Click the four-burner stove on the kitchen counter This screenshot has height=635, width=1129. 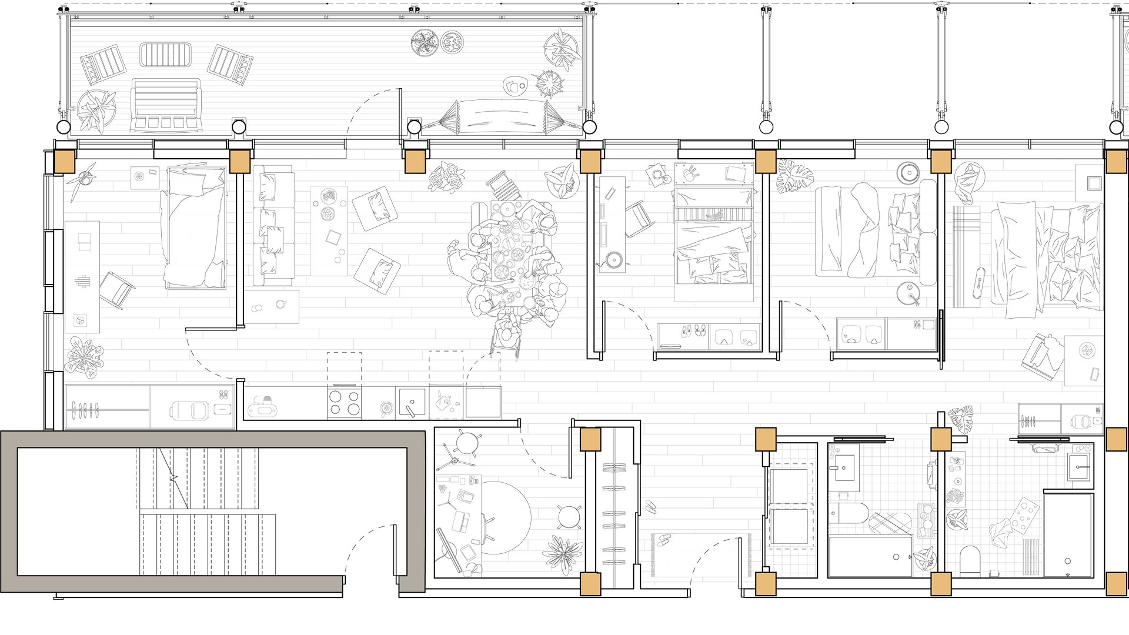click(x=345, y=403)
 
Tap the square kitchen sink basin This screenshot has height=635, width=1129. click(x=412, y=402)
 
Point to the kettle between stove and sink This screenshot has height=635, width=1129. click(x=386, y=407)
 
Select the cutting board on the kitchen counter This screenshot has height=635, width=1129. click(x=446, y=403)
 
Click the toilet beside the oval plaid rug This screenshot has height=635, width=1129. click(x=848, y=513)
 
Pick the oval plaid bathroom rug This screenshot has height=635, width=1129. click(x=890, y=523)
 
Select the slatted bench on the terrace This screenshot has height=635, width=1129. click(x=166, y=105)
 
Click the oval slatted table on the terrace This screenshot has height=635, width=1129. click(x=166, y=55)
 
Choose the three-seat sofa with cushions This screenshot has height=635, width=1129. click(x=273, y=226)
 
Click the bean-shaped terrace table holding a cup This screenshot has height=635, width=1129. click(x=515, y=86)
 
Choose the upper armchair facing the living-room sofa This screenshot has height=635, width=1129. click(x=375, y=208)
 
